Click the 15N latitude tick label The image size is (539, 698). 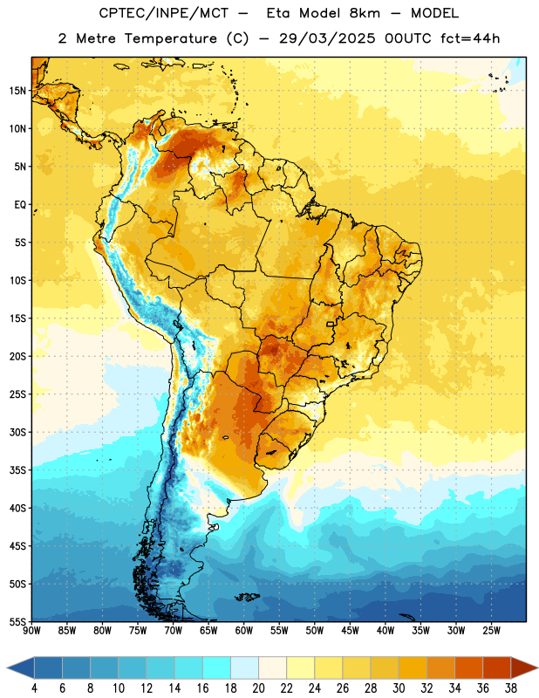(x=17, y=91)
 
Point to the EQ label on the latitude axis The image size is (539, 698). (x=20, y=205)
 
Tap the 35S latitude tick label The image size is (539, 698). (x=17, y=470)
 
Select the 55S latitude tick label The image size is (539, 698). (x=17, y=622)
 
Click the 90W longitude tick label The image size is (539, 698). (x=31, y=631)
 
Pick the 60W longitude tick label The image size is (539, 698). (x=244, y=631)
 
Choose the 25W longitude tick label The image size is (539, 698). (x=491, y=631)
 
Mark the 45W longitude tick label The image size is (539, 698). (x=350, y=631)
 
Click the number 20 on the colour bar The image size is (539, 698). (x=258, y=688)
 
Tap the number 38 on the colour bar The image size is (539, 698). (x=511, y=688)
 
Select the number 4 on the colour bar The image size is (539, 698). (x=34, y=688)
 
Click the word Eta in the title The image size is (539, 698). (x=278, y=13)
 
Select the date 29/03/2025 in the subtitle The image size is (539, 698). (x=327, y=38)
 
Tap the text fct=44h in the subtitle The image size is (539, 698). (x=470, y=38)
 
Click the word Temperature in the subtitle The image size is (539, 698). (x=170, y=39)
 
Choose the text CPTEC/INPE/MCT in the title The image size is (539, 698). (x=163, y=13)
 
